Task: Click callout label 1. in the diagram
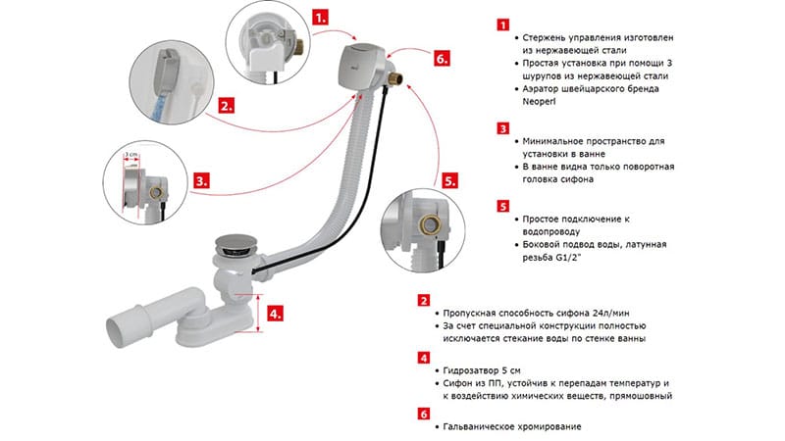tap(322, 17)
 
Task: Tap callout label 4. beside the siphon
tap(278, 315)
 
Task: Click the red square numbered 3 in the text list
tap(503, 128)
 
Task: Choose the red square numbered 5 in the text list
tap(503, 207)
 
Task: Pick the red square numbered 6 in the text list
tap(423, 415)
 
